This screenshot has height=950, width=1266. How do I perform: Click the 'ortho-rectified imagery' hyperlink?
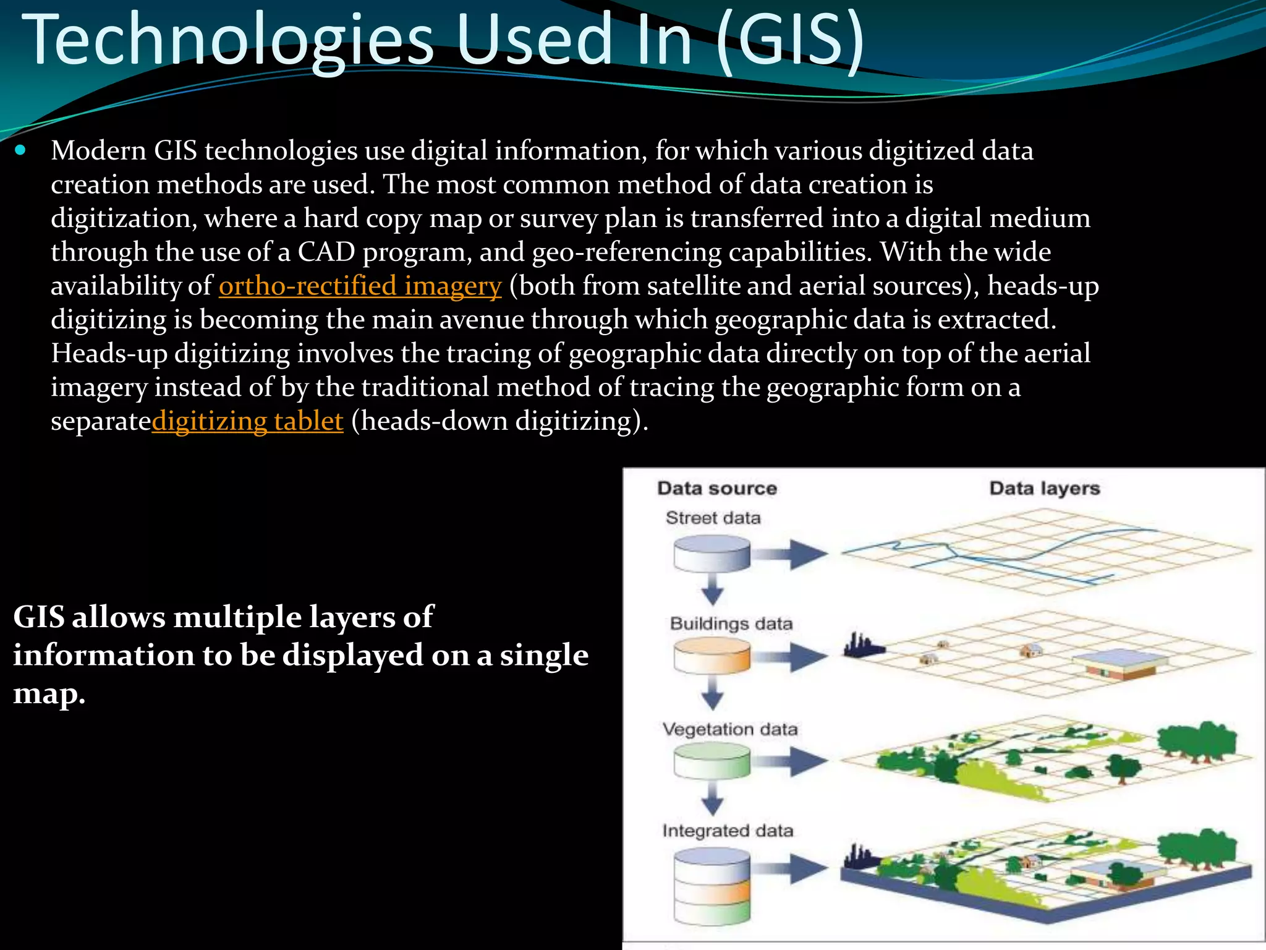pos(360,286)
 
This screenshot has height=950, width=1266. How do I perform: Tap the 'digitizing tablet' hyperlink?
pos(247,421)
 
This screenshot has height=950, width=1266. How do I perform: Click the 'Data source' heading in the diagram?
pos(717,489)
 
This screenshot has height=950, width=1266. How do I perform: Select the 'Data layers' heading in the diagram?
pos(1045,489)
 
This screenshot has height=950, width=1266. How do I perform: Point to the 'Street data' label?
pos(713,518)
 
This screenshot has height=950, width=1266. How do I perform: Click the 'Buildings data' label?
pos(731,623)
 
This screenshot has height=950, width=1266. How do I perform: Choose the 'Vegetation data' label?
pos(730,730)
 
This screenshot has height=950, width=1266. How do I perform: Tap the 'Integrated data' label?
pos(728,831)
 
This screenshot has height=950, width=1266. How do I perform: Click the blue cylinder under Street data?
pos(712,553)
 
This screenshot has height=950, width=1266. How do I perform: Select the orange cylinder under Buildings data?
pos(712,656)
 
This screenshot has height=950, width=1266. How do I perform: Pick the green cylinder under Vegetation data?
pos(712,761)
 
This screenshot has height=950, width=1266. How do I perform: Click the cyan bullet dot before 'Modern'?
pos(20,150)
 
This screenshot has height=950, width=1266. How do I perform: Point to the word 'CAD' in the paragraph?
pos(326,252)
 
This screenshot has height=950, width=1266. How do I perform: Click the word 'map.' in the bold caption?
pos(49,694)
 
